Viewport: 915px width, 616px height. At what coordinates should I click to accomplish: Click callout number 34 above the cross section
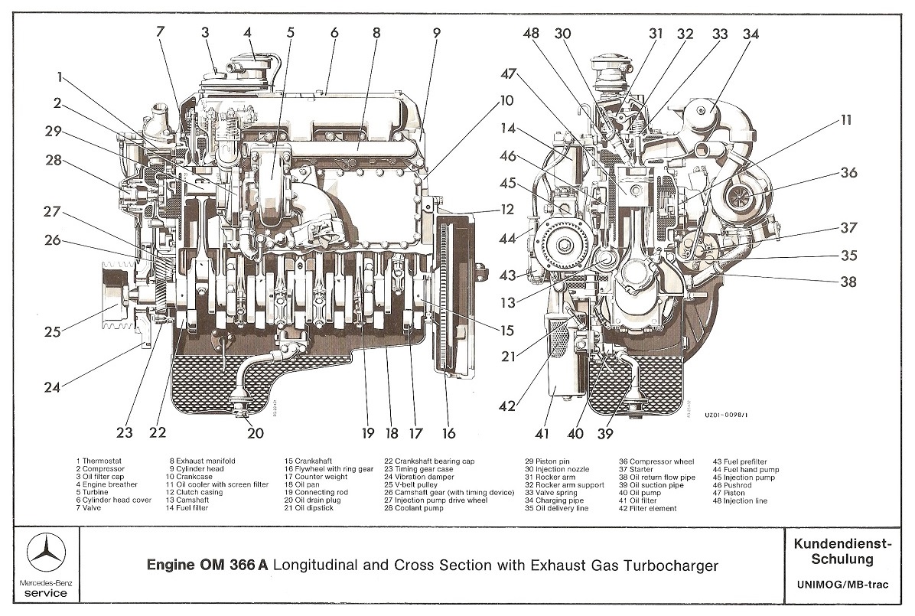[751, 34]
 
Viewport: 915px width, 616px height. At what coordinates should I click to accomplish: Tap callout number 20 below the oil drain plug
[255, 432]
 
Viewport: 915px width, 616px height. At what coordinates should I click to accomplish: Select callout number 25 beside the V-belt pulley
[53, 331]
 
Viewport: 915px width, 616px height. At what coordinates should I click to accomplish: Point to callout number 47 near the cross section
[508, 74]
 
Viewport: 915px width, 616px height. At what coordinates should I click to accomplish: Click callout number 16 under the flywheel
[448, 433]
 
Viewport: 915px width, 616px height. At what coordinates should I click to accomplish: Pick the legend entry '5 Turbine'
[93, 492]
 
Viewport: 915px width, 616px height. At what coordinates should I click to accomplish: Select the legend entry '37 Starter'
[636, 469]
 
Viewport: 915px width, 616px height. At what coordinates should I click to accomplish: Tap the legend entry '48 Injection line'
[740, 501]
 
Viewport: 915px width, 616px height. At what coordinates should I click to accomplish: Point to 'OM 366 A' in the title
[234, 565]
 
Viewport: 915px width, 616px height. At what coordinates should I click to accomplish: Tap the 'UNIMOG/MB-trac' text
[842, 585]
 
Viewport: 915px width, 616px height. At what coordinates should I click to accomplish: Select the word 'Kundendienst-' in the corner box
[843, 544]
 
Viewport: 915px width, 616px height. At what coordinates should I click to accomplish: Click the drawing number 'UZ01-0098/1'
[725, 416]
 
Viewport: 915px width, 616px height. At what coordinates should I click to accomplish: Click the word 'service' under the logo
[45, 593]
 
